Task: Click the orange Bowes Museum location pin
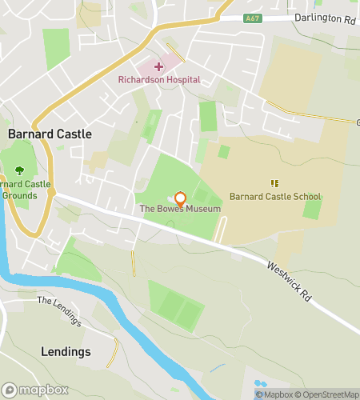[180, 198]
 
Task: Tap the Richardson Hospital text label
[159, 80]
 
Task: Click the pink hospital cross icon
[159, 66]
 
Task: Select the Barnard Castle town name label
[50, 134]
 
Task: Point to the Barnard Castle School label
[274, 197]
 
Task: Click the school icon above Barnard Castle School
[274, 183]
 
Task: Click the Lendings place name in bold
[66, 352]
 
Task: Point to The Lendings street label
[60, 311]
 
